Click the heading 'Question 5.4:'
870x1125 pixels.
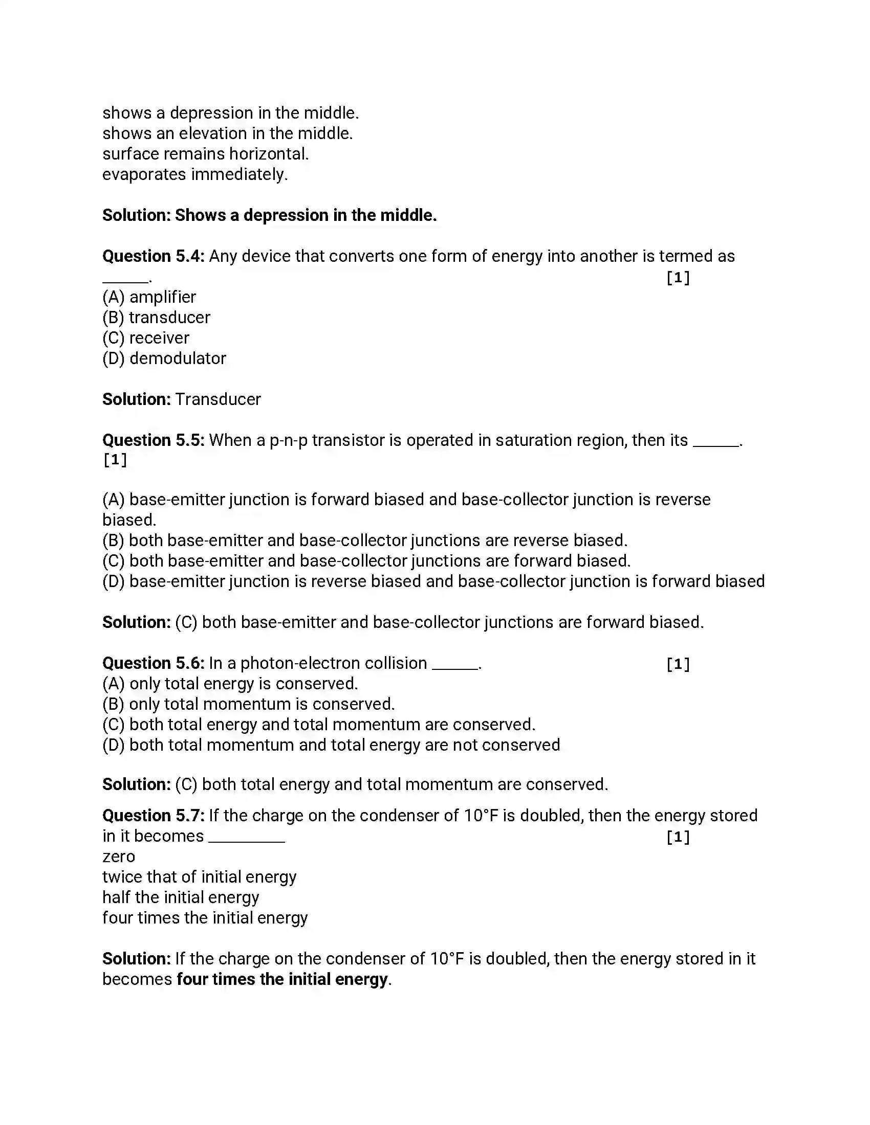[154, 256]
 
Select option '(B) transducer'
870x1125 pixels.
[156, 318]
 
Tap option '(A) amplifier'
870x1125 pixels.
[149, 297]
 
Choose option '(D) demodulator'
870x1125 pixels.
[164, 358]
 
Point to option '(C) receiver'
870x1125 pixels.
[146, 338]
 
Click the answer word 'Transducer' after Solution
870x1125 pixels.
[217, 399]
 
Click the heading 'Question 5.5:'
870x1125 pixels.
[154, 440]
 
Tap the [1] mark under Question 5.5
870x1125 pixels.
[115, 460]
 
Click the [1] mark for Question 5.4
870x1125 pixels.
[678, 278]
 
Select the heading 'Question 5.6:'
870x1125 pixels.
[154, 663]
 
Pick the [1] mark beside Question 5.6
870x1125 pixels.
[678, 664]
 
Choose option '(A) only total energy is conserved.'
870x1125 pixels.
[230, 684]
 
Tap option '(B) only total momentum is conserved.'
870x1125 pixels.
[248, 704]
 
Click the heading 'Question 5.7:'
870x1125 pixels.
[154, 816]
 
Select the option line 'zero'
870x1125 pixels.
[119, 857]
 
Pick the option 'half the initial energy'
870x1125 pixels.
[180, 897]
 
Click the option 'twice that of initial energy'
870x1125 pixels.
[199, 876]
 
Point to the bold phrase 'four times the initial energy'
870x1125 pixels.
[282, 979]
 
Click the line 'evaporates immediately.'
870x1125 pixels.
[195, 174]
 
